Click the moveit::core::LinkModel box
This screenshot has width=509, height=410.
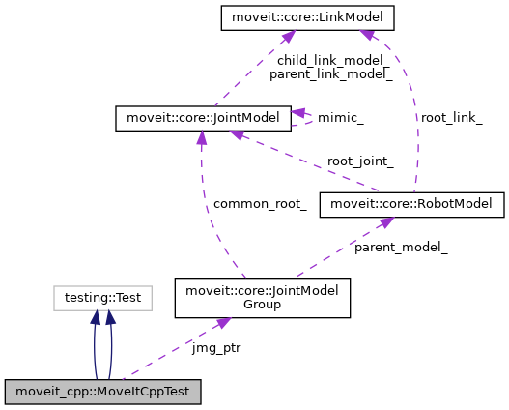[x=294, y=16]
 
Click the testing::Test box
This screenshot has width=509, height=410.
[x=102, y=299]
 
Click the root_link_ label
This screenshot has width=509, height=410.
[x=450, y=117]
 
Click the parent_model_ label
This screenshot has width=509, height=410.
[x=401, y=248]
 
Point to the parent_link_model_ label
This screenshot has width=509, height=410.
[x=318, y=73]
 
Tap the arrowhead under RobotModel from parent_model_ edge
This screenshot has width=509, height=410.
[x=385, y=222]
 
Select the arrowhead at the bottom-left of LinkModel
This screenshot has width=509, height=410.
[x=285, y=36]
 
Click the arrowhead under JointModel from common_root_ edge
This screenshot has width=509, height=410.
[x=202, y=137]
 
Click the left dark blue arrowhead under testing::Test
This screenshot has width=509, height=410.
[x=95, y=318]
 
